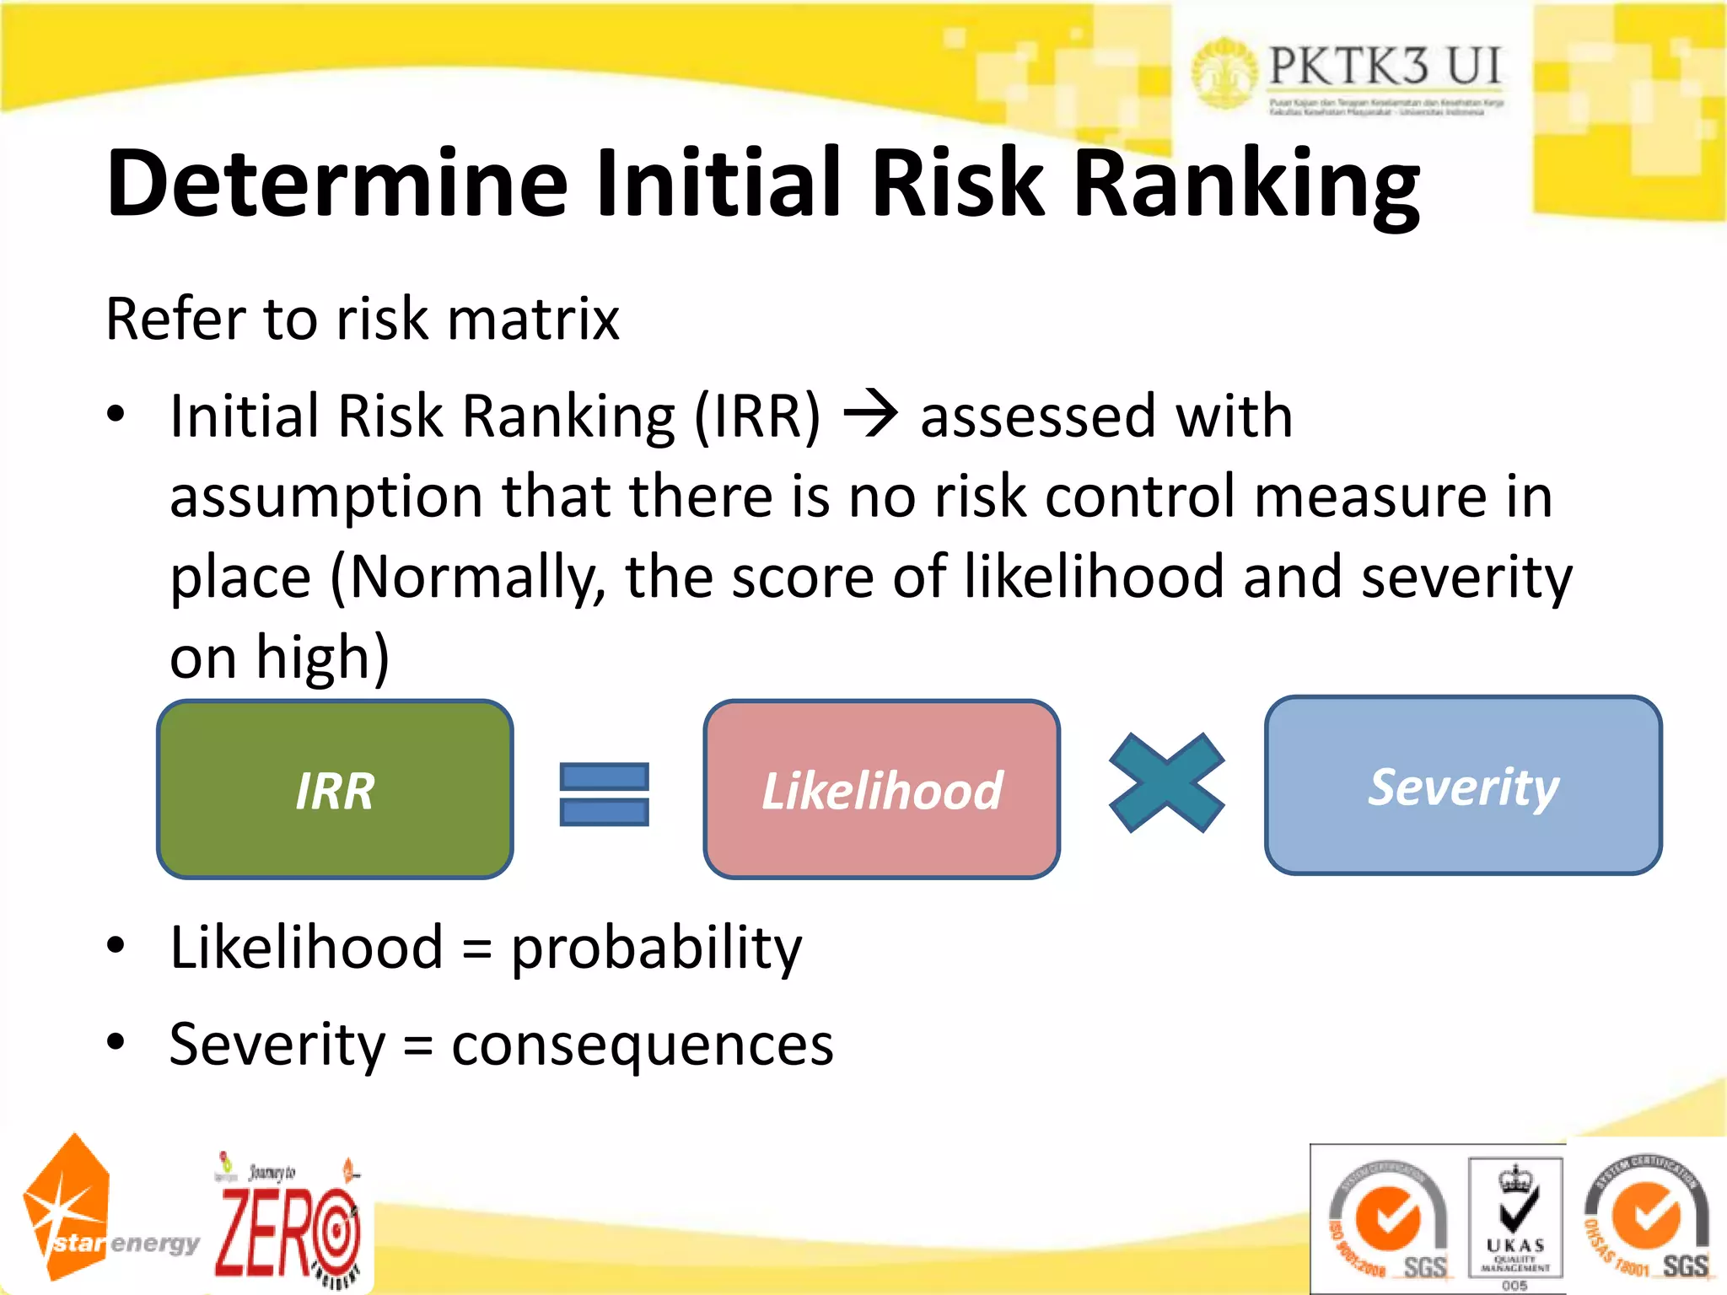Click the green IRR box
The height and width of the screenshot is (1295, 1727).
(x=335, y=790)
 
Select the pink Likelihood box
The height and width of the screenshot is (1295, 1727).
(x=881, y=790)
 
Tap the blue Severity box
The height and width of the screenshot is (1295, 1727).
(x=1463, y=786)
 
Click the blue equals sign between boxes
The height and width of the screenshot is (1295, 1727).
(x=605, y=794)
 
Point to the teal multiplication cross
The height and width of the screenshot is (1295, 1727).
(x=1166, y=783)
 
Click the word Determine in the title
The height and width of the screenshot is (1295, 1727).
(x=337, y=183)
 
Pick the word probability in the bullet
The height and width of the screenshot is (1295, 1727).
(x=657, y=948)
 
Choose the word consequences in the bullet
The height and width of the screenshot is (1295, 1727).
(x=643, y=1045)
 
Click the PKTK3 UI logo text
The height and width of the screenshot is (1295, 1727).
(x=1385, y=66)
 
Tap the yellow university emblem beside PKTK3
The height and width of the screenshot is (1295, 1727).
(x=1223, y=74)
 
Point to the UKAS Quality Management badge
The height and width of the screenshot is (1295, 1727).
(x=1515, y=1219)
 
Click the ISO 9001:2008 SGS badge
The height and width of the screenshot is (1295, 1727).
(x=1389, y=1221)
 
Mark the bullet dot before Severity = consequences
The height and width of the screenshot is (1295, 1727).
(x=116, y=1042)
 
